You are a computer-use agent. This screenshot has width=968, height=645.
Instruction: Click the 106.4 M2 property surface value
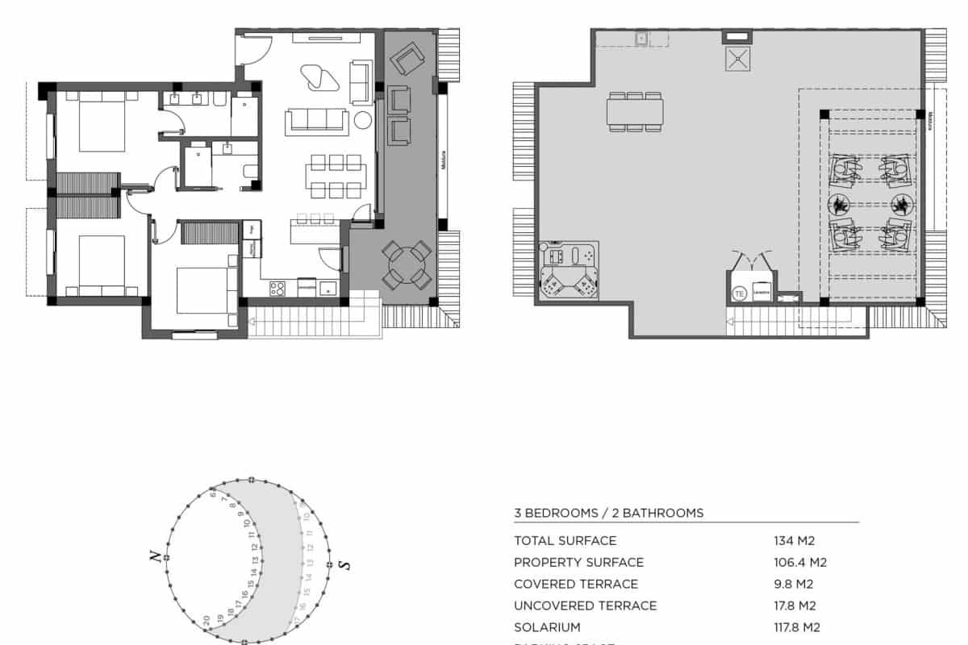[x=800, y=563]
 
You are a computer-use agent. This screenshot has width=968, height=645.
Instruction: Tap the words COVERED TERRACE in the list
[x=576, y=584]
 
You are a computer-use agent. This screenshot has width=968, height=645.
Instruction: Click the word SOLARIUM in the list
[x=547, y=627]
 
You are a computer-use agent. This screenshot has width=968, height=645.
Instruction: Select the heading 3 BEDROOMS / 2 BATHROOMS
[x=608, y=513]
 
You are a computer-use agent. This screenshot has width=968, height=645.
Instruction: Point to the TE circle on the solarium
[x=739, y=294]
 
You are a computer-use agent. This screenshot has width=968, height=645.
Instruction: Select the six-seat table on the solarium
[x=636, y=110]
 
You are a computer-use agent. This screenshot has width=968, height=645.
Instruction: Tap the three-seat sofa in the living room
[x=317, y=122]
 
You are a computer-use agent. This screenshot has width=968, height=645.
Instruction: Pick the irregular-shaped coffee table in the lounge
[x=320, y=78]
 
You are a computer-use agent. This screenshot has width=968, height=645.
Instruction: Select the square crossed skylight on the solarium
[x=736, y=60]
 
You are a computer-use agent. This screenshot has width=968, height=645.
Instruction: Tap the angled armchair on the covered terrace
[x=405, y=59]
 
